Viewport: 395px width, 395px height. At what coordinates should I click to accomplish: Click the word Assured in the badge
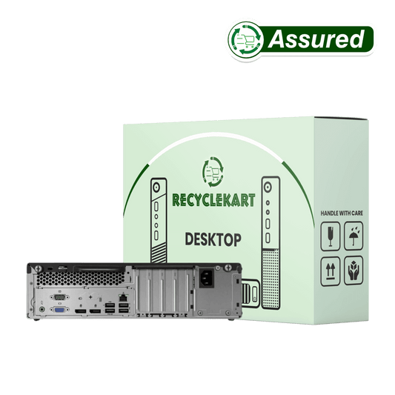click(316, 39)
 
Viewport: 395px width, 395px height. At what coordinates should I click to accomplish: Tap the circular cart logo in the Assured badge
click(246, 40)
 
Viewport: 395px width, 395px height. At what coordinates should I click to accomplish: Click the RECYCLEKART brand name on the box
click(213, 201)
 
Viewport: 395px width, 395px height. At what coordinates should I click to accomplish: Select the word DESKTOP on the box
click(213, 239)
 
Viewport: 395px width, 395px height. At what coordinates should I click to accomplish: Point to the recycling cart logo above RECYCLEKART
click(213, 172)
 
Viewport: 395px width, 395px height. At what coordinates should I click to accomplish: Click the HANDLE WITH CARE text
click(342, 213)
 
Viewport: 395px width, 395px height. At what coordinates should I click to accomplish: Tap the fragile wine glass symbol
click(331, 236)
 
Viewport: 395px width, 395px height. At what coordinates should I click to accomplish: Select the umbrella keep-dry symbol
click(353, 236)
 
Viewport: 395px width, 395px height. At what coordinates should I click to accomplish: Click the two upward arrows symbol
click(331, 271)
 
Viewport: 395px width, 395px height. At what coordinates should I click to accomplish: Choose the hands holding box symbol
click(353, 270)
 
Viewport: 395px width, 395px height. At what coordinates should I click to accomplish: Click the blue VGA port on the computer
click(59, 310)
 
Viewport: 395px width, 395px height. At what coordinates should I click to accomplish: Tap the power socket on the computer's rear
click(207, 278)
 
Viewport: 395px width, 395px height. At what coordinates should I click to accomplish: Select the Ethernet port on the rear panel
click(123, 297)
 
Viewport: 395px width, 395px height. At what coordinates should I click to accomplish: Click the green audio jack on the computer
click(42, 309)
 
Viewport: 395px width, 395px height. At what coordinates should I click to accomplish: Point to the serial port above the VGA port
click(59, 297)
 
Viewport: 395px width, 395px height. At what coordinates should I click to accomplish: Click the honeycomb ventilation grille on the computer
click(80, 279)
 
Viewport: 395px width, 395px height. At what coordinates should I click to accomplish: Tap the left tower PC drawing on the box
click(159, 221)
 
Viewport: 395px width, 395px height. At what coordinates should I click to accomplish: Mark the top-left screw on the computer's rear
click(38, 268)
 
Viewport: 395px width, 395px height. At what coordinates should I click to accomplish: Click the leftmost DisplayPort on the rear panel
click(80, 311)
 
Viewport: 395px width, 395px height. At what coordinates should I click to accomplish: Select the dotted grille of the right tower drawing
click(270, 278)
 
